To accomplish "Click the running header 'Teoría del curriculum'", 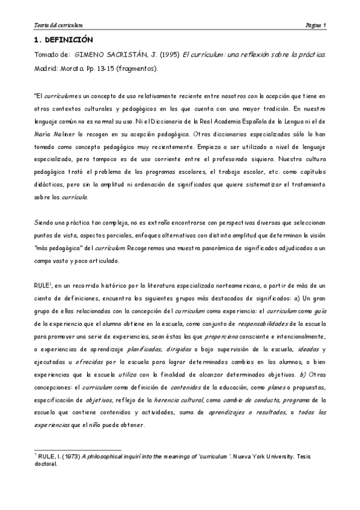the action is (58, 25).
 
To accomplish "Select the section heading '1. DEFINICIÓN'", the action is (63, 40).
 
